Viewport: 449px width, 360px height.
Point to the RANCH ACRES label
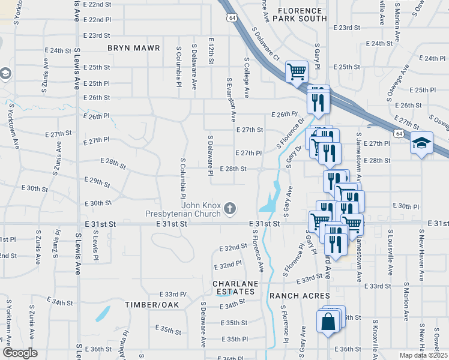click(299, 296)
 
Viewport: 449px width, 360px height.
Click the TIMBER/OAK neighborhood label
click(152, 305)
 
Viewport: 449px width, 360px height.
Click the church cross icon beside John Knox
click(229, 209)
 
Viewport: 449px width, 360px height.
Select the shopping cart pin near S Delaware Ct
click(297, 71)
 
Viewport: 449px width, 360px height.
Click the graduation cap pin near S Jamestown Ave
click(421, 144)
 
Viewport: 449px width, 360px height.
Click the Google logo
click(20, 353)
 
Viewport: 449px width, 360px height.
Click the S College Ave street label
click(247, 77)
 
